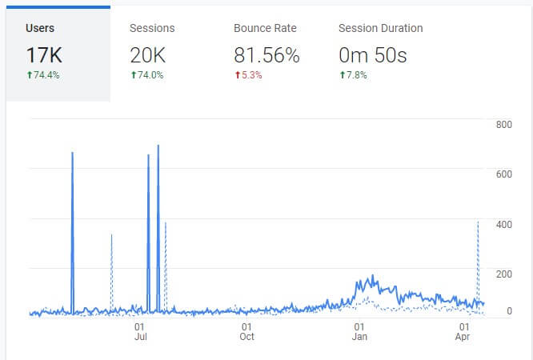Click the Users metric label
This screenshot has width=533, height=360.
click(x=40, y=28)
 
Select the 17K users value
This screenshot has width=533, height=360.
click(x=45, y=55)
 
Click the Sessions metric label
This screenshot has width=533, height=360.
click(x=152, y=28)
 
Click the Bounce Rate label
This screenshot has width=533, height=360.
click(x=265, y=28)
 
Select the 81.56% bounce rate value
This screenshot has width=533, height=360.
click(x=266, y=55)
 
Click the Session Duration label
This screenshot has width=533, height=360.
click(x=381, y=28)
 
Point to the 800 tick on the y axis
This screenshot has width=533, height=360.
click(x=504, y=125)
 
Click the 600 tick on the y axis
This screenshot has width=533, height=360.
click(x=504, y=174)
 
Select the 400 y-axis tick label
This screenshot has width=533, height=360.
click(x=504, y=224)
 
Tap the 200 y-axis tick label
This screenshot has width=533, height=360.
click(x=504, y=274)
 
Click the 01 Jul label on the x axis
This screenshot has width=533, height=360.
click(x=141, y=331)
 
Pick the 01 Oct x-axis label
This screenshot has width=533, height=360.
click(x=246, y=331)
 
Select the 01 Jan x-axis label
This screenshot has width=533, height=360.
click(x=359, y=331)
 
